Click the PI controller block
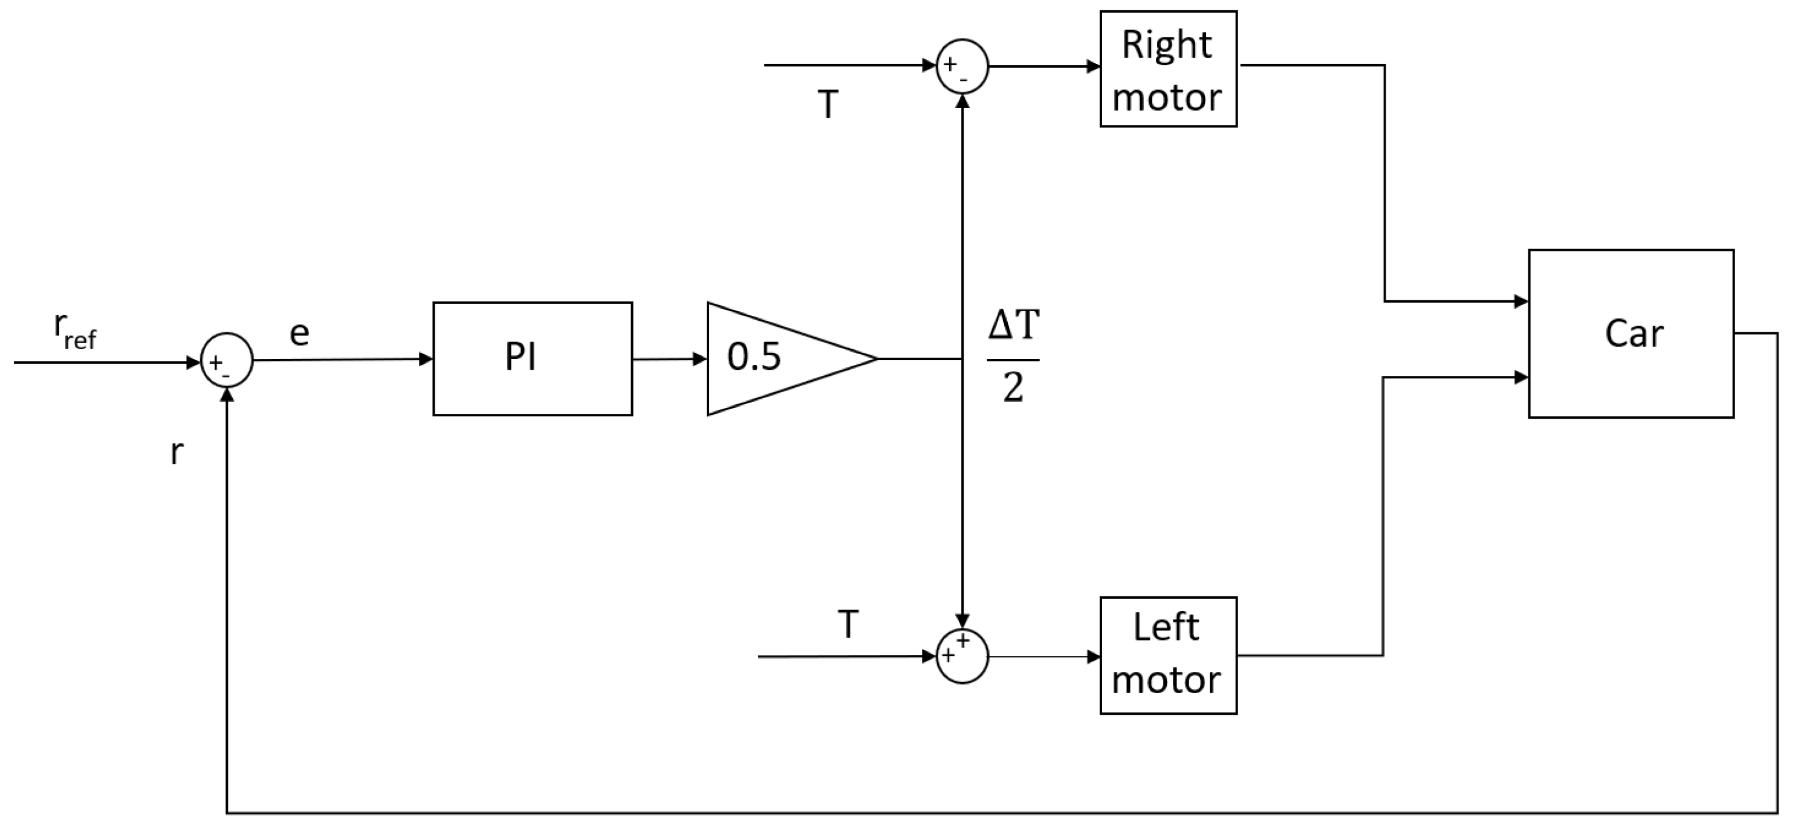pos(532,358)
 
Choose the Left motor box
pos(1167,655)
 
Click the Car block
pos(1631,334)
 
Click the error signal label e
pos(299,334)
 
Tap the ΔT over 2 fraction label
pos(1013,357)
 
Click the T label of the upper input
pos(828,105)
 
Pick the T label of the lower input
pos(848,624)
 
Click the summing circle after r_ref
pos(227,360)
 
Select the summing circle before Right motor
pos(962,66)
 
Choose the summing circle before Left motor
pos(962,656)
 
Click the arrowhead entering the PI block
pos(426,359)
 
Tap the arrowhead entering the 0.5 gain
pos(700,359)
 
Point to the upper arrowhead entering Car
pos(1520,302)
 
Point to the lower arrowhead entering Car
pos(1520,378)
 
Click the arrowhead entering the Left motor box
pos(1094,657)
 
